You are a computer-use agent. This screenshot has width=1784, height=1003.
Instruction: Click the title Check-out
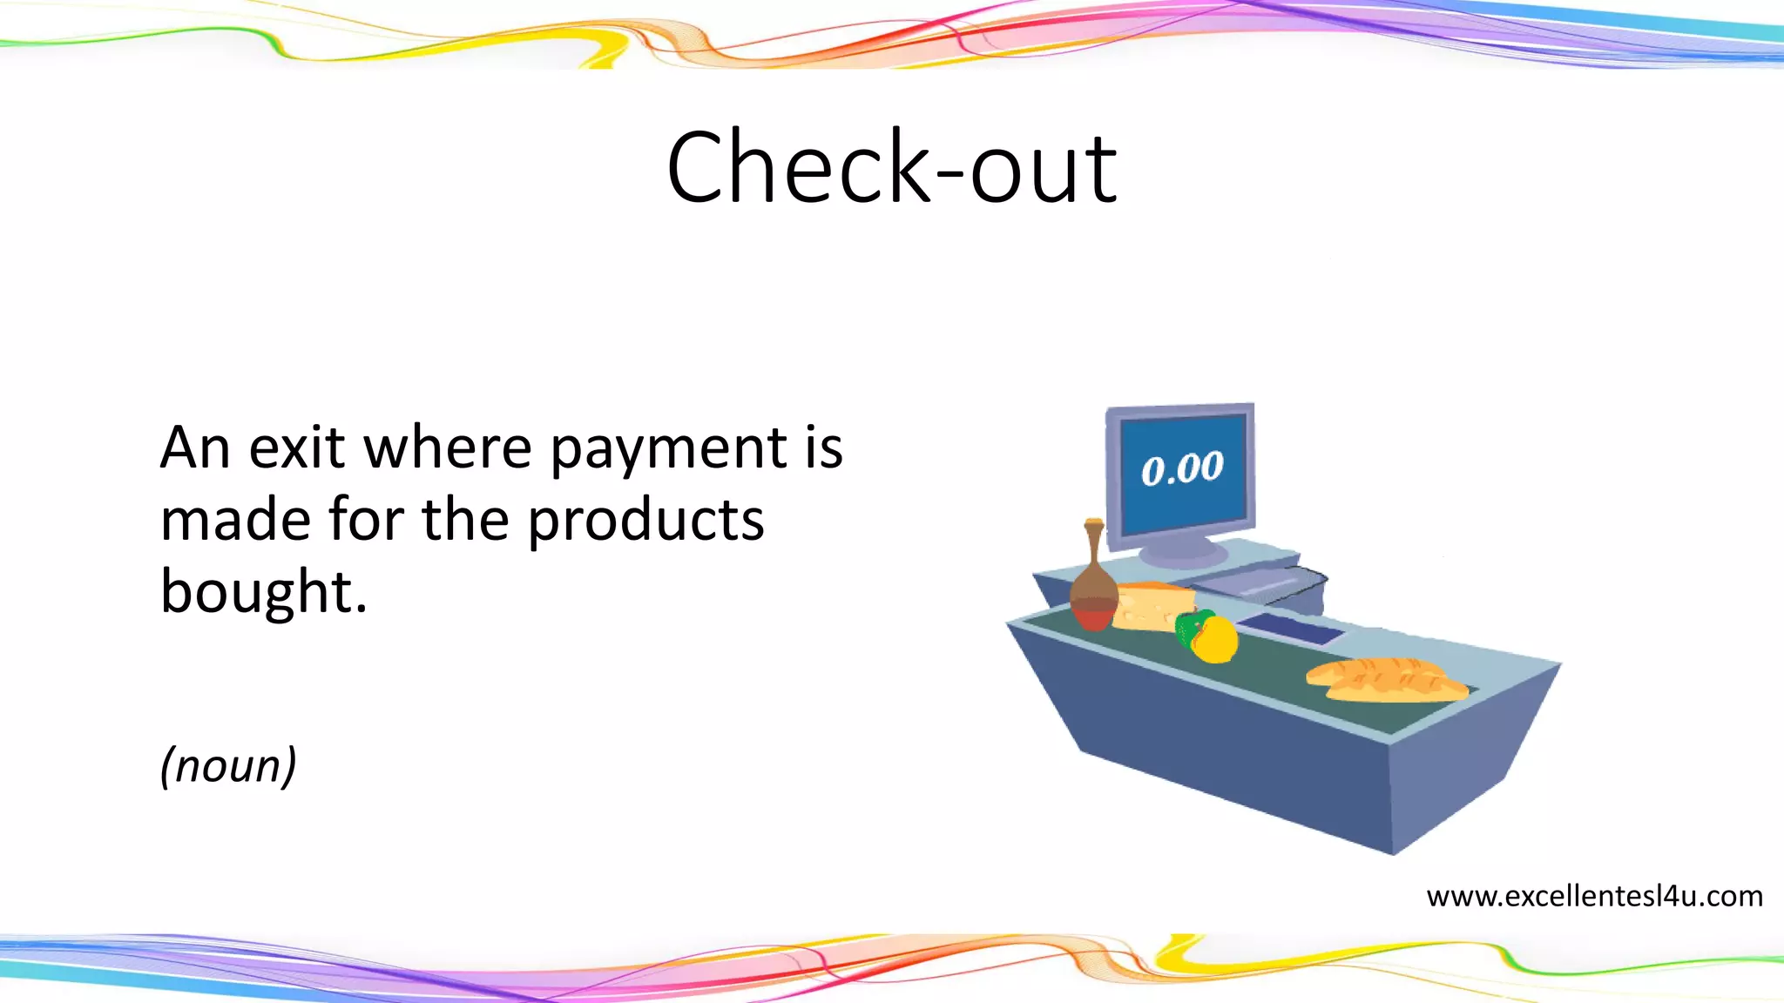(891, 168)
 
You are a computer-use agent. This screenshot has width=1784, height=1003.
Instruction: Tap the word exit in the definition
(296, 448)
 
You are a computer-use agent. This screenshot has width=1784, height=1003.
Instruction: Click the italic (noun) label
(228, 766)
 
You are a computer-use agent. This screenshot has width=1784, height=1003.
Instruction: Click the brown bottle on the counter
(1094, 592)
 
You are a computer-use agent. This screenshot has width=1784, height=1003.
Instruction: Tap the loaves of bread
(1385, 680)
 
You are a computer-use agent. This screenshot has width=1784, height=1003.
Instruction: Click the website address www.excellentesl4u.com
(1594, 896)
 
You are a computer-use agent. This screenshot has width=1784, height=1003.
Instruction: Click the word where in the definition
(447, 448)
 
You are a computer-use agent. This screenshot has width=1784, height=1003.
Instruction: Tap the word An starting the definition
(195, 448)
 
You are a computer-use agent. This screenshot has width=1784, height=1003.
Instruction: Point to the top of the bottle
(1094, 525)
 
